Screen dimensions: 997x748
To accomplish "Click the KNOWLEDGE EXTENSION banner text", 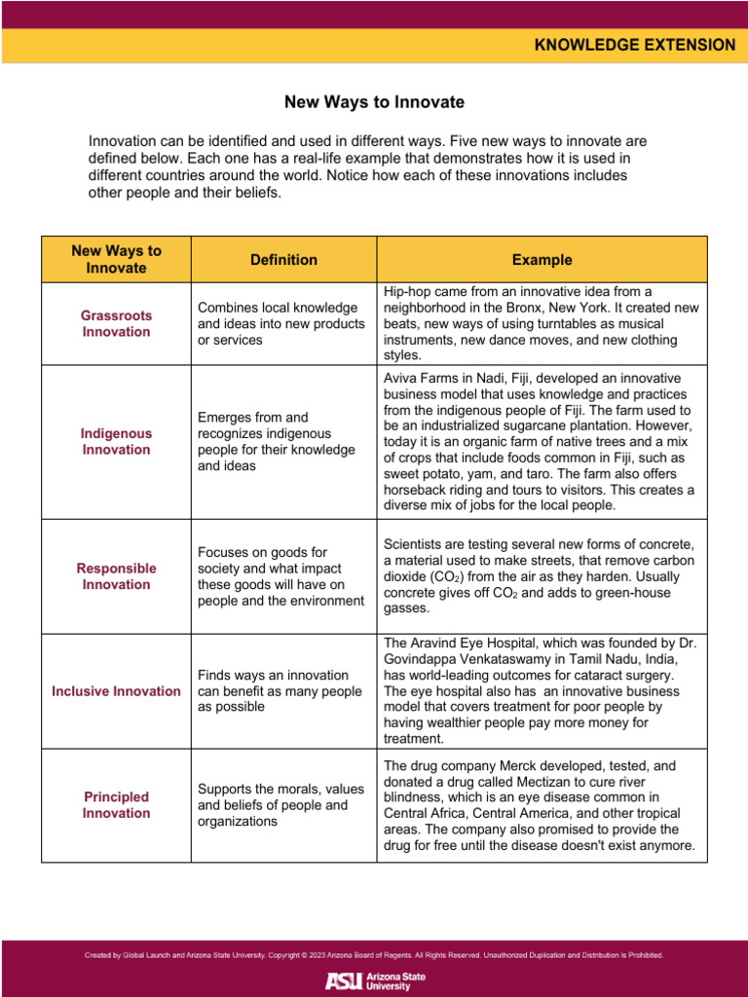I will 634,45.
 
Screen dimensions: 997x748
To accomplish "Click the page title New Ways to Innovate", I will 374,102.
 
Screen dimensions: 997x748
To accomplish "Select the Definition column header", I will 283,260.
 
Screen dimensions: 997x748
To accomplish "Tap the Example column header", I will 542,260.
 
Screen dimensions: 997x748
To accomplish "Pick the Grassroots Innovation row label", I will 116,323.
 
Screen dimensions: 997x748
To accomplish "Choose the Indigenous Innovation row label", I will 116,441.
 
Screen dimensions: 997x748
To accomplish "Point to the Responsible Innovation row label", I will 116,576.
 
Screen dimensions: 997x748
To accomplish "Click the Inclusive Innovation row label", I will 116,691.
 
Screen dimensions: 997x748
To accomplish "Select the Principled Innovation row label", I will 116,804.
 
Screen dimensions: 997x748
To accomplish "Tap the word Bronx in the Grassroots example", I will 532,307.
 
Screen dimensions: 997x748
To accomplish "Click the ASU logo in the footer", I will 374,980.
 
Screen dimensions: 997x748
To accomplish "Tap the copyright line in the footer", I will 374,955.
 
